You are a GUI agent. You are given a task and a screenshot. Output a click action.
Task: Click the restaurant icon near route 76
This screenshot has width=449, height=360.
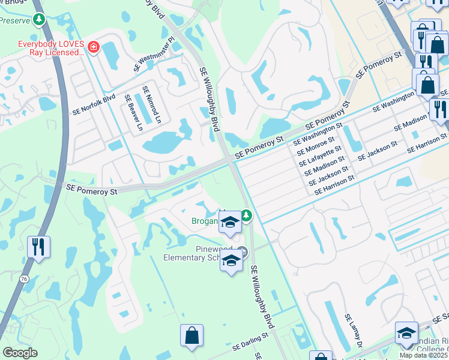pyautogui.click(x=38, y=247)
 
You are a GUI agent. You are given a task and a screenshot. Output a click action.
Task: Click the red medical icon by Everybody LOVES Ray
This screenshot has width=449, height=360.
pyautogui.click(x=93, y=47)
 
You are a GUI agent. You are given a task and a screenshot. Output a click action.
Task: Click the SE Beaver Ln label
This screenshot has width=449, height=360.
pyautogui.click(x=133, y=112)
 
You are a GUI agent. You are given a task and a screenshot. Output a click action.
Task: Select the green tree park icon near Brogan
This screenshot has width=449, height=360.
pyautogui.click(x=246, y=215)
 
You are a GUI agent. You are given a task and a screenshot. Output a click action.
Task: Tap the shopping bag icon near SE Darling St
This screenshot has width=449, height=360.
pyautogui.click(x=191, y=335)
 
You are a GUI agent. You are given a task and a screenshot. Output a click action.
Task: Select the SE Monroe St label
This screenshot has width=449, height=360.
pyautogui.click(x=316, y=146)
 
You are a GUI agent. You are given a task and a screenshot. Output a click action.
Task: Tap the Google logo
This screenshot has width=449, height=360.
pyautogui.click(x=19, y=353)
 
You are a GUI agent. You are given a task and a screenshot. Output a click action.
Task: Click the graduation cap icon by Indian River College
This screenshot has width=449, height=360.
pyautogui.click(x=406, y=334)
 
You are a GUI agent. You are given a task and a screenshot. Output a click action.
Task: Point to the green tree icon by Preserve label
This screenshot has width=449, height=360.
pyautogui.click(x=39, y=19)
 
